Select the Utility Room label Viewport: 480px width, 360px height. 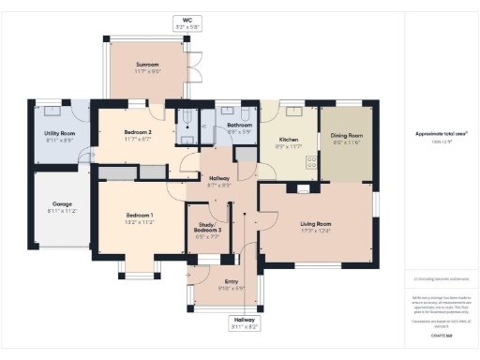tap(59, 134)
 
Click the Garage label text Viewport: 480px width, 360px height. tap(62, 203)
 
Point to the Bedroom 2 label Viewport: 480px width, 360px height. tap(138, 133)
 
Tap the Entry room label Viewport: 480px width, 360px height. tap(230, 283)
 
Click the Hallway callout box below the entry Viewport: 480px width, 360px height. tap(245, 323)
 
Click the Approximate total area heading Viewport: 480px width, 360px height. tap(441, 134)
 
